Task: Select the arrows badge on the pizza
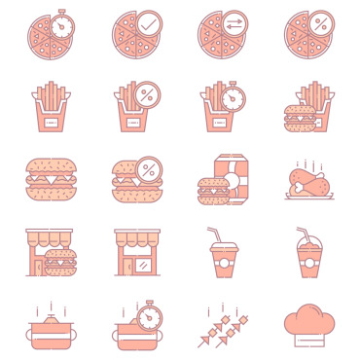[234, 22]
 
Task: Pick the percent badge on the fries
[149, 96]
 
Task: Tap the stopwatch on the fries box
[234, 97]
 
